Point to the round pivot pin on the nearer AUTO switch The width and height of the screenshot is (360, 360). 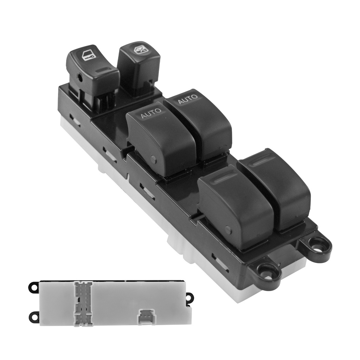click(x=153, y=159)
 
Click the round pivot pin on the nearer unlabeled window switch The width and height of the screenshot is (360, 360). click(x=228, y=230)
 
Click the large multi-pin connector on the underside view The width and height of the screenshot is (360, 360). click(x=83, y=303)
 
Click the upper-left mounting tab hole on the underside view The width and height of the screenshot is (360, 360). click(x=33, y=288)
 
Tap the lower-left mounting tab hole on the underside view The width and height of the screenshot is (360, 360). click(x=34, y=317)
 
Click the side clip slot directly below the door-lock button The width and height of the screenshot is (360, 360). click(x=75, y=120)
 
